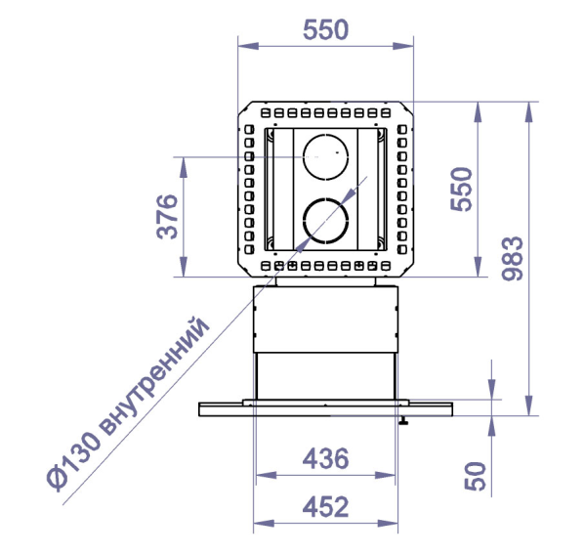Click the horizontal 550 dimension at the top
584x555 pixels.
[325, 30]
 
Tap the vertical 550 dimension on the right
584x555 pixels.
[461, 190]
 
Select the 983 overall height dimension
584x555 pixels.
[513, 258]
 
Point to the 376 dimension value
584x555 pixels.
[167, 217]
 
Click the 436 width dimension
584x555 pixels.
[325, 458]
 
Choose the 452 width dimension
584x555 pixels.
[325, 507]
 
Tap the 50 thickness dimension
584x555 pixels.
[476, 476]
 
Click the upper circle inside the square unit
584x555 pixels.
[326, 135]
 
